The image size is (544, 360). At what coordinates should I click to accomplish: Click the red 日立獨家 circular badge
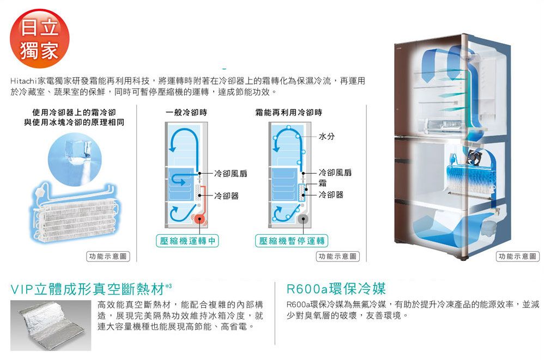(x=39, y=39)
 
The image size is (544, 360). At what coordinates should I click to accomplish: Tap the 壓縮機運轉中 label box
(x=188, y=241)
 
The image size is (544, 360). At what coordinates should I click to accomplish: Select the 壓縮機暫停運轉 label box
(x=292, y=241)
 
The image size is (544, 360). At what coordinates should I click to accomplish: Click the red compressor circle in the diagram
(x=200, y=219)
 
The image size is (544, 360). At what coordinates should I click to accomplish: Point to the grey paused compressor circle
(x=303, y=219)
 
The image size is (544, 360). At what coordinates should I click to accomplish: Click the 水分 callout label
(x=327, y=136)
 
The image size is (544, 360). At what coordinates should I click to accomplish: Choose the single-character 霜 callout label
(x=322, y=183)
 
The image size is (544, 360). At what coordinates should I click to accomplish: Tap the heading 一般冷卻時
(x=186, y=112)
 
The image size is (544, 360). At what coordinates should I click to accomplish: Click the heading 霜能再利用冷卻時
(x=289, y=112)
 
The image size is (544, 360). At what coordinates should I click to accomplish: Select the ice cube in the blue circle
(x=77, y=151)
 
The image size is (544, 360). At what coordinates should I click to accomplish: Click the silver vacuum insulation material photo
(x=51, y=325)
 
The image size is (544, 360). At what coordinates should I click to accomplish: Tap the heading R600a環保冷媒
(x=336, y=288)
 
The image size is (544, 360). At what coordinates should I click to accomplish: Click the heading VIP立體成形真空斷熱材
(x=88, y=289)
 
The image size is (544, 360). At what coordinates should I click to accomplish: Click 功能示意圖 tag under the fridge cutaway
(x=518, y=257)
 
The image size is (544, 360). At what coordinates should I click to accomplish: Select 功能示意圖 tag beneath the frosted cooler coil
(x=108, y=257)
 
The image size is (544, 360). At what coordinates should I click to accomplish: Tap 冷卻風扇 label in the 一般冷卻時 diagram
(x=231, y=173)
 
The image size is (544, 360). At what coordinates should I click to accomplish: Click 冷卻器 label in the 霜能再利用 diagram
(x=331, y=195)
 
